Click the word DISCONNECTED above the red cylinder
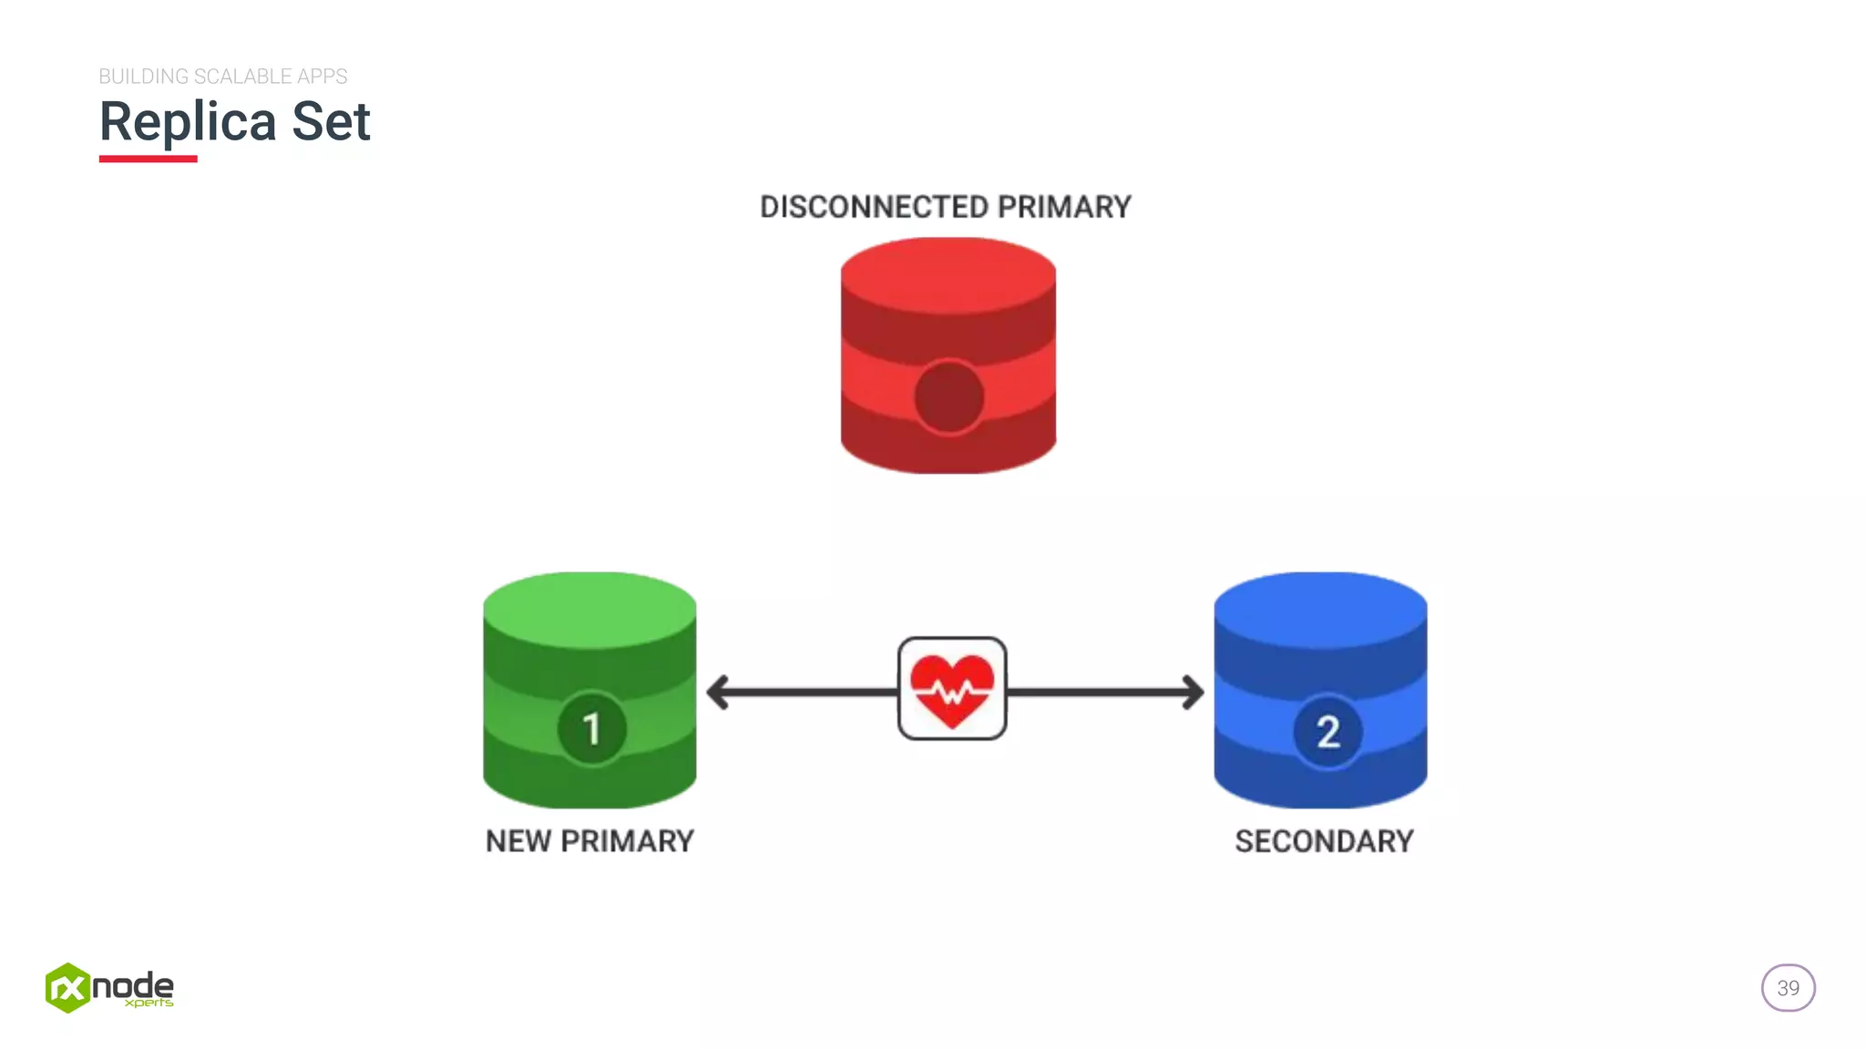pos(874,207)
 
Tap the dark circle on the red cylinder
pos(948,397)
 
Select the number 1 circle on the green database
pos(591,728)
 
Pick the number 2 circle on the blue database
pos(1328,731)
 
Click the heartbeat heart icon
pos(952,689)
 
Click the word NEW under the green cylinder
pos(518,840)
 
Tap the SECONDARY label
pos(1324,840)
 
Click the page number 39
pos(1788,988)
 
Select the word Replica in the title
pos(188,121)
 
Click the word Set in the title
pos(331,121)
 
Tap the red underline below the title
pos(148,159)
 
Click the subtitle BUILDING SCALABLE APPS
pos(223,77)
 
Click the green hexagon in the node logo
pos(67,988)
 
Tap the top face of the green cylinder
pos(590,609)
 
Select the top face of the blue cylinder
pos(1320,609)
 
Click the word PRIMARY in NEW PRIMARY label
pos(627,840)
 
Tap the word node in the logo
pos(133,984)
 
